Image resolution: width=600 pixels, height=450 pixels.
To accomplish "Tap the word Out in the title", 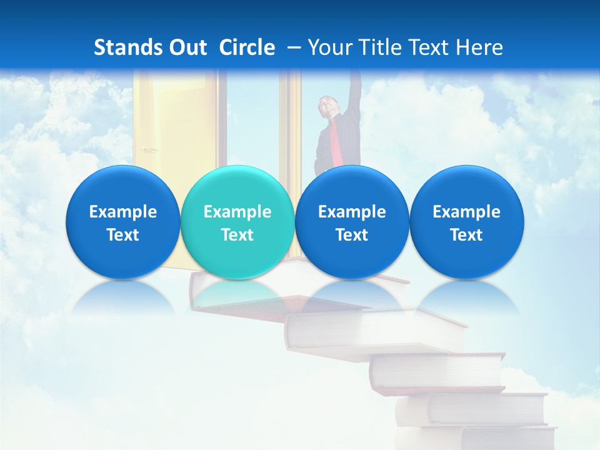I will (186, 47).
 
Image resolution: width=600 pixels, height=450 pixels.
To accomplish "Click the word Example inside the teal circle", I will (237, 212).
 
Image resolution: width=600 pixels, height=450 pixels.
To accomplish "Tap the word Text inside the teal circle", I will (237, 235).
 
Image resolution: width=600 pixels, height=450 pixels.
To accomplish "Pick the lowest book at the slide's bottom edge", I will (506, 438).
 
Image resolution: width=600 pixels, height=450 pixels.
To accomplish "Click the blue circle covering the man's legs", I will (352, 222).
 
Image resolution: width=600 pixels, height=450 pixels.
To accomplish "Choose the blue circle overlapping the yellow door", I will (122, 222).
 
